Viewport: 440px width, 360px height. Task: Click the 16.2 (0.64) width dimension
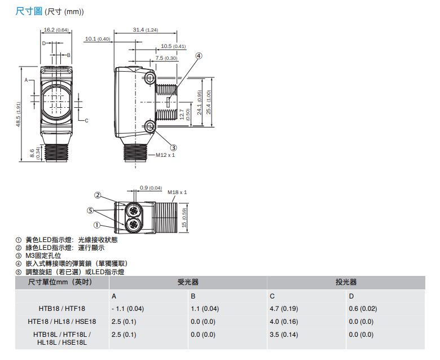56,30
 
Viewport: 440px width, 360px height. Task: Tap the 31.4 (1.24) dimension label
146,30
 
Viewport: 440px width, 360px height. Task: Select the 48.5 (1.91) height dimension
18,114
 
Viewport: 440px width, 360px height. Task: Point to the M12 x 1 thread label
165,155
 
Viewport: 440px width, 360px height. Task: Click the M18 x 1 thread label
177,192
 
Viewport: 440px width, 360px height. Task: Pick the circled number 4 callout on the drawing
199,56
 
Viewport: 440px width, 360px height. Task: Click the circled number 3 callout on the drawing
173,148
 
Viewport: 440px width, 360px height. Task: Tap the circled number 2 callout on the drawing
98,195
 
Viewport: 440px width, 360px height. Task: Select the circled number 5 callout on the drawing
90,210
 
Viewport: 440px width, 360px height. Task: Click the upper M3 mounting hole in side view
150,78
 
